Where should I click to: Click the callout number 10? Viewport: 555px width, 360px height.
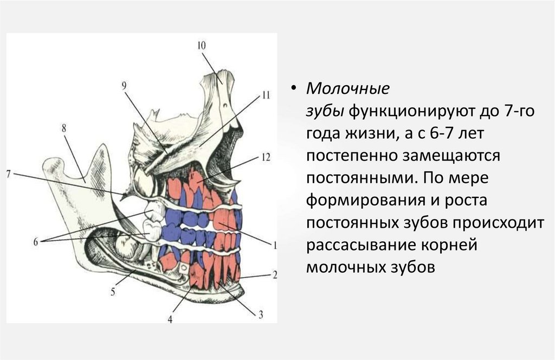201,47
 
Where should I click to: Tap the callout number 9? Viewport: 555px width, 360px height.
124,86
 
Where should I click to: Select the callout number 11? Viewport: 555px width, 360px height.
265,95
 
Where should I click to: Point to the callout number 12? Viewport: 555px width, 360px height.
265,157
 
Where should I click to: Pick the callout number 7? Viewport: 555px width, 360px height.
8,173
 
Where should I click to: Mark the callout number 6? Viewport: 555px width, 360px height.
36,242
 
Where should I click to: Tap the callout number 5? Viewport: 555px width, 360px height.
113,292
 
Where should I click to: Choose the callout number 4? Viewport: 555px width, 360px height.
170,319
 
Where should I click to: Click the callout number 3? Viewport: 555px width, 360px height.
260,314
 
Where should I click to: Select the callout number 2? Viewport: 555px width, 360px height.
275,275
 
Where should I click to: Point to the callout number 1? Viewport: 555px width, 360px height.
275,245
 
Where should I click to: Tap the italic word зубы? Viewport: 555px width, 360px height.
325,110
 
